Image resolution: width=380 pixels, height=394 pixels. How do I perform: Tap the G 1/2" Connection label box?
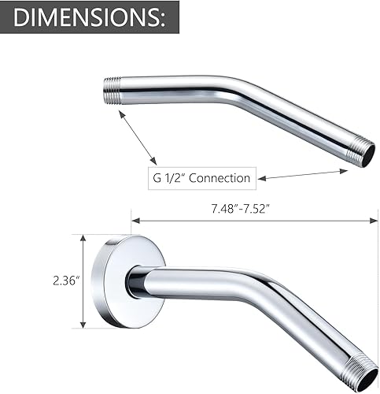200,177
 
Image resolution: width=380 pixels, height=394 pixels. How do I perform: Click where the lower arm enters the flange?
137,281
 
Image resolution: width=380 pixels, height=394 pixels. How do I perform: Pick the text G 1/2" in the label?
169,177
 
